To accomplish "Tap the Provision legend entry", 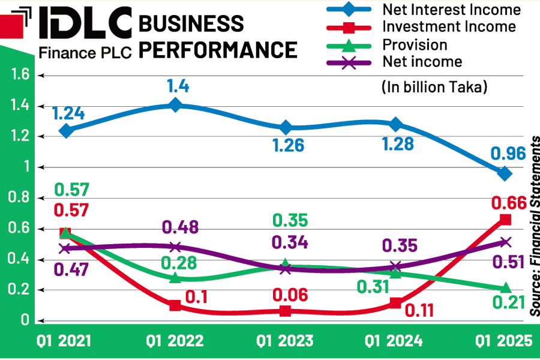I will [x=415, y=45].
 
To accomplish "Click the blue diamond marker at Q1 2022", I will [x=175, y=106].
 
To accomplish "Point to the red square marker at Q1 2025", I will [x=505, y=220].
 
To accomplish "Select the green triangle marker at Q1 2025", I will [x=505, y=288].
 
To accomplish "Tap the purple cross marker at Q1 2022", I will [x=175, y=247].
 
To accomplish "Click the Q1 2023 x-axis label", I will [x=285, y=341].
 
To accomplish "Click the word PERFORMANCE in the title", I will [x=218, y=49].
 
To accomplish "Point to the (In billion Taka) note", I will [x=434, y=86].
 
